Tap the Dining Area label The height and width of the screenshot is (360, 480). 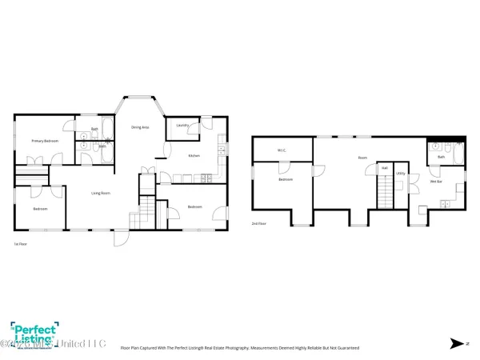coord(140,127)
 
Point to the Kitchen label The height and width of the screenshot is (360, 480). coord(194,155)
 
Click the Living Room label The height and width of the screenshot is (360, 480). coord(100,193)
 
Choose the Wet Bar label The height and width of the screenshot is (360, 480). coord(437,182)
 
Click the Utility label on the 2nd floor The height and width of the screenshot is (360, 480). coord(401,173)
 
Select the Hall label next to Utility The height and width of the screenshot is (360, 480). coord(385,168)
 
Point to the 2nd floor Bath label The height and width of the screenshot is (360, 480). coord(441,158)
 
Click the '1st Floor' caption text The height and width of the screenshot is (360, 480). coord(20,243)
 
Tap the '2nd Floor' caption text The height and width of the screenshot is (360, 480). coord(258,224)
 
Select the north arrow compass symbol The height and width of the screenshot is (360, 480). coord(456,344)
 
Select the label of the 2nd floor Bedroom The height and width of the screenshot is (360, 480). coord(286,180)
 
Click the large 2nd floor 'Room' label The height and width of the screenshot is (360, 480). coord(362,158)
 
